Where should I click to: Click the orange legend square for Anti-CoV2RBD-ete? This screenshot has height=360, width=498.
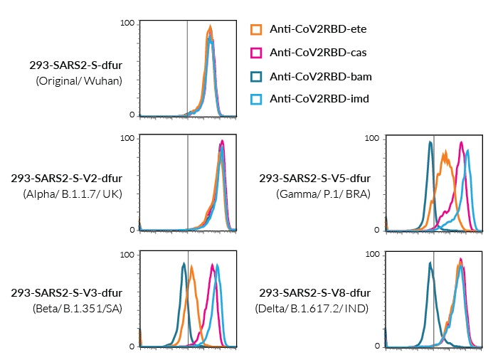(x=257, y=29)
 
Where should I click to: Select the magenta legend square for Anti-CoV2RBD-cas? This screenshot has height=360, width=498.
(x=257, y=53)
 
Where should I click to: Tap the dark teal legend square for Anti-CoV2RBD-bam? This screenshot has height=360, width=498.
(x=257, y=76)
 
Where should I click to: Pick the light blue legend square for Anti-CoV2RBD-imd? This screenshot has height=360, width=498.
(x=257, y=99)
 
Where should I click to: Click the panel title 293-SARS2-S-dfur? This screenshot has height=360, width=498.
(x=75, y=66)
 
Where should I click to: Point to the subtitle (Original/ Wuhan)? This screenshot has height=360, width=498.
(x=79, y=81)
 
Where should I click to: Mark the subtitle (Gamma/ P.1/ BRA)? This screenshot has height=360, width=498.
(x=324, y=194)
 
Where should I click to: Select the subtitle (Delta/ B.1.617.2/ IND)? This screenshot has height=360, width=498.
(x=313, y=309)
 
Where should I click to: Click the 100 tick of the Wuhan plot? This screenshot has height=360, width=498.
(x=127, y=23)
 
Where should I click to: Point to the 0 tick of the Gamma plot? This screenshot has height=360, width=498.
(x=378, y=230)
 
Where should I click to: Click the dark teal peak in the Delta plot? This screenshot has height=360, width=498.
(x=430, y=263)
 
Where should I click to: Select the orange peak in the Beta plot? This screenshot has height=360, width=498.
(x=191, y=268)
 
